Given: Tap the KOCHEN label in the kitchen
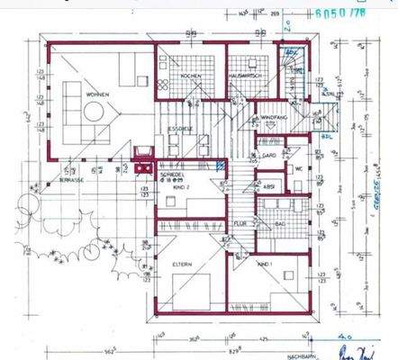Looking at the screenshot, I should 191,77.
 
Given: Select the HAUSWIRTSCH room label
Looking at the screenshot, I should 245,77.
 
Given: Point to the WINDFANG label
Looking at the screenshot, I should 274,117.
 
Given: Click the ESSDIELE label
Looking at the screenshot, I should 181,129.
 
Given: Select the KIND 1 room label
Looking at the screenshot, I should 265,265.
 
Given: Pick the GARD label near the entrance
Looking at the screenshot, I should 267,156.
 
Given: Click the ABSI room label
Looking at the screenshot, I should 269,187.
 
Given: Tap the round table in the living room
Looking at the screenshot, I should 94,110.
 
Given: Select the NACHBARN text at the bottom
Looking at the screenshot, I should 301,355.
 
